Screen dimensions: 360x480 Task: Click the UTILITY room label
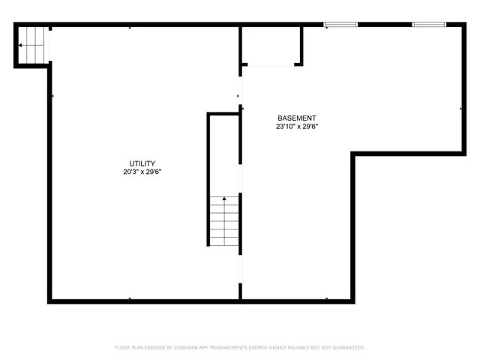point(142,163)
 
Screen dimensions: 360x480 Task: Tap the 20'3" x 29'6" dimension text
point(142,172)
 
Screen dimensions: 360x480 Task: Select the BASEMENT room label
point(296,118)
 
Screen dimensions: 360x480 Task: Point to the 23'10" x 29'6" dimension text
point(296,127)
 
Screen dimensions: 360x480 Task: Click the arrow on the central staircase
point(224,199)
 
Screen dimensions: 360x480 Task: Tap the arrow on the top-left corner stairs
point(22,45)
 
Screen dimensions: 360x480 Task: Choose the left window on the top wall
point(340,25)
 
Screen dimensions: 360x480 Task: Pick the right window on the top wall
point(429,25)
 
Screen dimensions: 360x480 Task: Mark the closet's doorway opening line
point(270,66)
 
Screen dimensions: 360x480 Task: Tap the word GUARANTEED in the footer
point(347,347)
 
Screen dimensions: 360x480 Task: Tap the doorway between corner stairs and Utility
point(49,46)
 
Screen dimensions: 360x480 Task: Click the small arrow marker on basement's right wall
point(460,109)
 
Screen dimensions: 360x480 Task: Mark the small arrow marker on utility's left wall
point(51,96)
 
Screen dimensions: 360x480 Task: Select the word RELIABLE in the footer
point(299,347)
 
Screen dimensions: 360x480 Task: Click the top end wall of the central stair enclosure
point(223,114)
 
